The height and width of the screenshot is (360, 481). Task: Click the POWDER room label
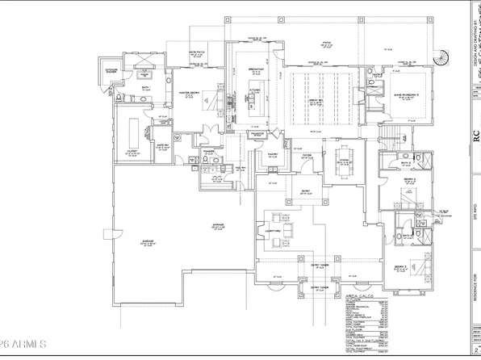208,149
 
